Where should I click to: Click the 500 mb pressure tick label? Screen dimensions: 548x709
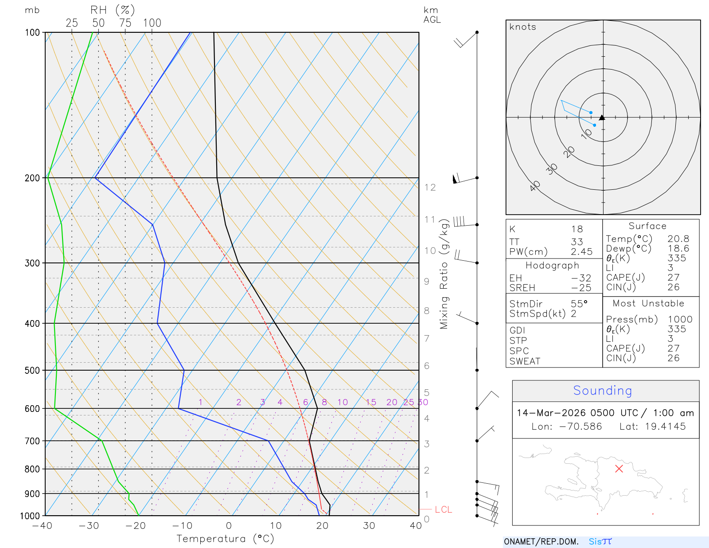(x=32, y=370)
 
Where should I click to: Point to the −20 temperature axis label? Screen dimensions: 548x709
(x=135, y=526)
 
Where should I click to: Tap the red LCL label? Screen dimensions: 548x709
(x=443, y=509)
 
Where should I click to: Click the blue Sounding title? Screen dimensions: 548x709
(x=602, y=391)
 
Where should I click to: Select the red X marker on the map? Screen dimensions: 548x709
(x=619, y=469)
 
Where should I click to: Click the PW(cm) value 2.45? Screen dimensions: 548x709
(x=581, y=252)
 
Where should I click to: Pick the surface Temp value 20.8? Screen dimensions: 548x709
(x=678, y=239)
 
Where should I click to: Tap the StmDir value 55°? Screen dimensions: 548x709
(x=579, y=304)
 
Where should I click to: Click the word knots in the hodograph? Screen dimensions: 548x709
(x=522, y=27)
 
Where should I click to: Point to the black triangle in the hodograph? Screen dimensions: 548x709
(x=602, y=117)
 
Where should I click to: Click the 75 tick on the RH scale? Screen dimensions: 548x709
(x=125, y=23)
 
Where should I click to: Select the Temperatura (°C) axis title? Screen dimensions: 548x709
(x=225, y=539)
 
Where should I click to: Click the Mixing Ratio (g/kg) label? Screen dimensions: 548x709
(x=444, y=275)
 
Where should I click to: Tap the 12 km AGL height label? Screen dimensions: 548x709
(x=430, y=188)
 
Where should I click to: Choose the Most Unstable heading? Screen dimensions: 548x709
(x=648, y=304)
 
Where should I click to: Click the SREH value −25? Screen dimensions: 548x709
(x=581, y=288)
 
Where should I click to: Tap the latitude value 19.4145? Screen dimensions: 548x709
(x=665, y=427)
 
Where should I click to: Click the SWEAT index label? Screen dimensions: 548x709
(x=525, y=361)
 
